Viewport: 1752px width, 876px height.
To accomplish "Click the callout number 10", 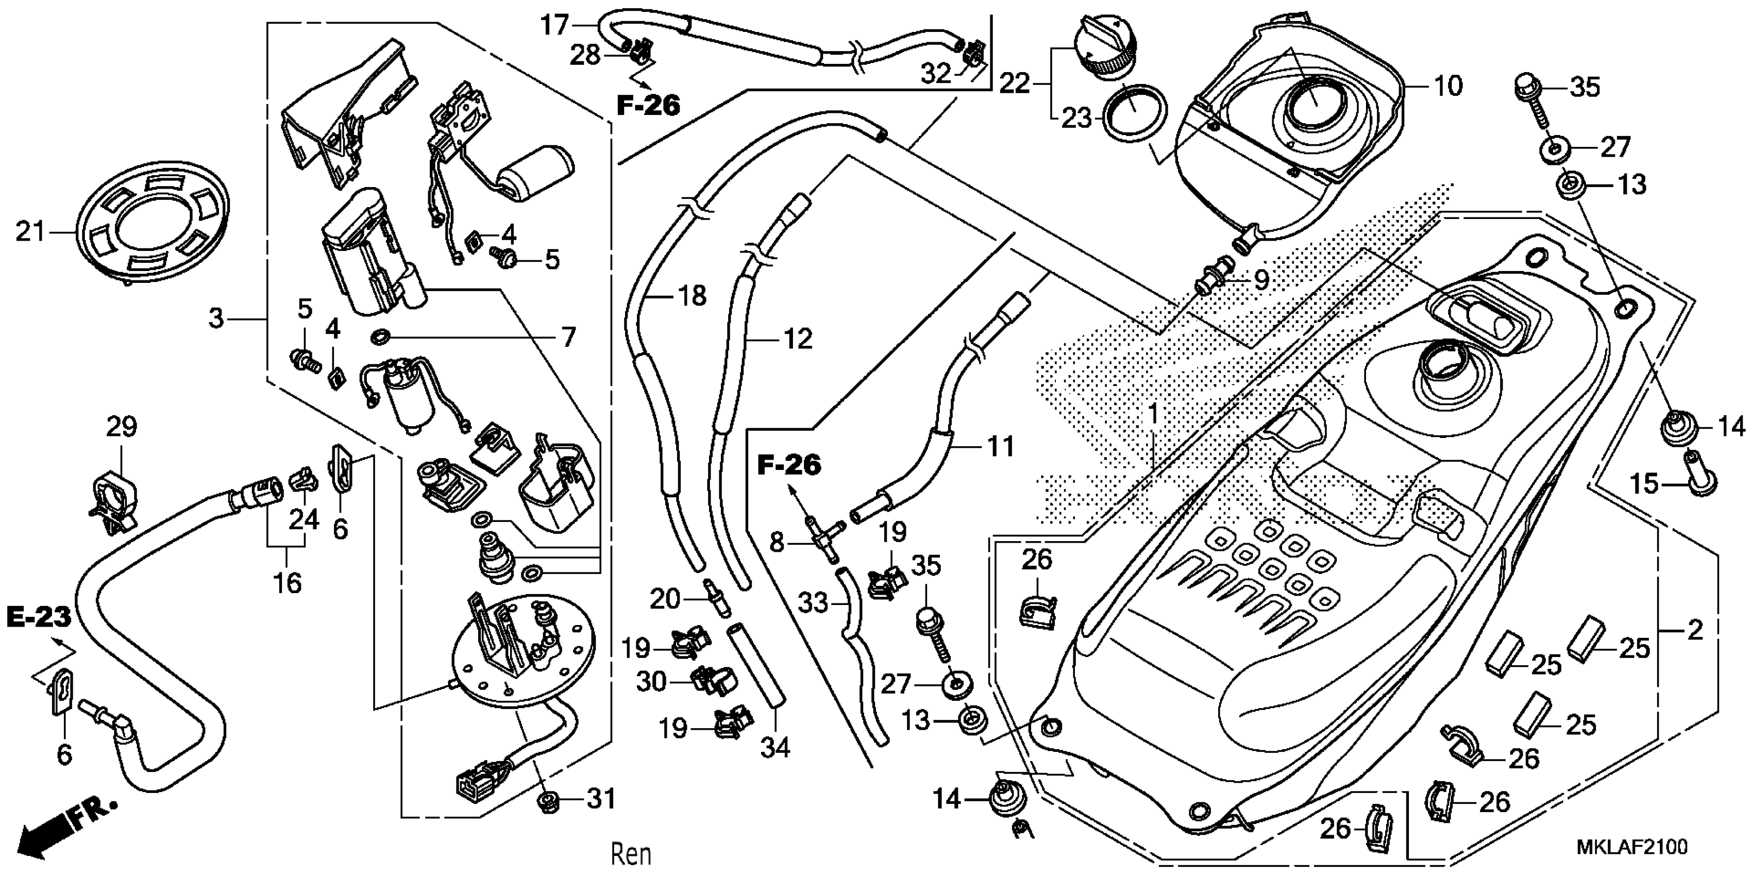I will (1448, 87).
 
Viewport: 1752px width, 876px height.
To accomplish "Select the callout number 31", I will (600, 799).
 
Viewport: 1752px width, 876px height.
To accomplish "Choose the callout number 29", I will (122, 427).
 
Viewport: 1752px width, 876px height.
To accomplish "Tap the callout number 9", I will (1261, 279).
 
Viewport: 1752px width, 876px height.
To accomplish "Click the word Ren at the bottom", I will (631, 853).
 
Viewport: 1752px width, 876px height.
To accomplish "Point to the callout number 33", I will (813, 602).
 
